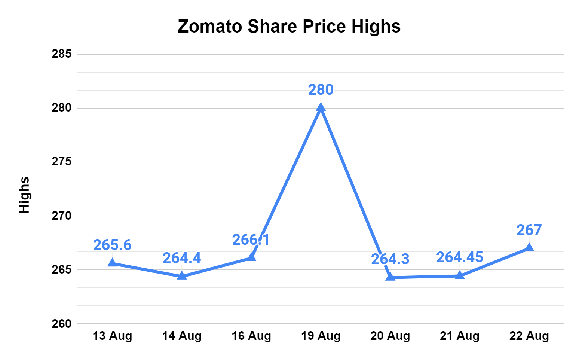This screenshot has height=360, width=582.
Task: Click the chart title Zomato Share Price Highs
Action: (289, 27)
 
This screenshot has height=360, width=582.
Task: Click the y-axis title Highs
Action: (24, 195)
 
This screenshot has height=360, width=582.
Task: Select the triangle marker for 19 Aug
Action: (321, 107)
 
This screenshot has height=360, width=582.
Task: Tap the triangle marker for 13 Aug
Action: (112, 263)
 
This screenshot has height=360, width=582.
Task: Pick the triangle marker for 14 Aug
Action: (182, 276)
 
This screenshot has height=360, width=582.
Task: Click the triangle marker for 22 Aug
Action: (529, 247)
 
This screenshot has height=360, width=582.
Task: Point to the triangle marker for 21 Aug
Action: (460, 275)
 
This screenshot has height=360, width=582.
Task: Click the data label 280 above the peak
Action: (321, 90)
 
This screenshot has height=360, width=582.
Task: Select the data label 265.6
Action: (112, 245)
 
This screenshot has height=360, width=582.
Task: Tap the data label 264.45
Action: (460, 257)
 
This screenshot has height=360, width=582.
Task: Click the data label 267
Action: (529, 230)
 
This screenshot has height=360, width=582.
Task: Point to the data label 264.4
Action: (182, 258)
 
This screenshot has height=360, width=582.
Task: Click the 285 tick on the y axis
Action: (62, 54)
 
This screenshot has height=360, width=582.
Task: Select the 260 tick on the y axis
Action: (62, 324)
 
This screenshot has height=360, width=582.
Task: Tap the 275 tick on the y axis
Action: (62, 162)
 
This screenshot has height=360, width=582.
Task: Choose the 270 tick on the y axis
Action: (62, 216)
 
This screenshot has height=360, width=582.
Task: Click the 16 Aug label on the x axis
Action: (251, 336)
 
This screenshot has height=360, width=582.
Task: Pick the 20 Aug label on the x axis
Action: (390, 336)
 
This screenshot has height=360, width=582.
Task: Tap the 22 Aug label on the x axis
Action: (529, 336)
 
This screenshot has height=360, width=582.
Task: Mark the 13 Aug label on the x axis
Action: (112, 336)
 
